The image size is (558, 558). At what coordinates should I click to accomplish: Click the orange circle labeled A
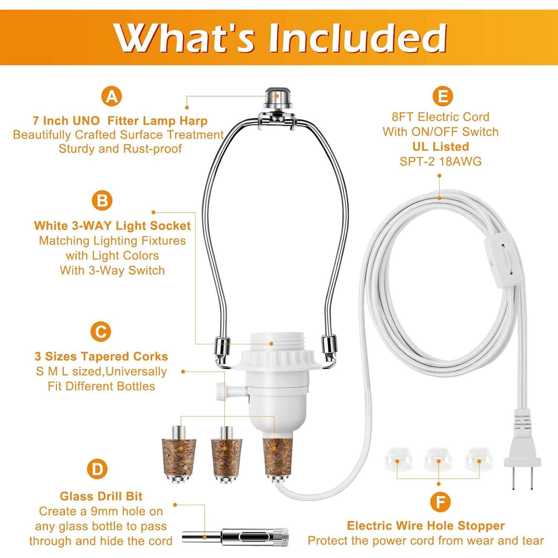112,96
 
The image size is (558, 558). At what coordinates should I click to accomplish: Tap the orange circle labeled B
102,201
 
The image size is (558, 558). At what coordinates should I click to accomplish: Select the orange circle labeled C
101,331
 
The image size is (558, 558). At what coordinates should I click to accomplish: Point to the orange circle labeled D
97,469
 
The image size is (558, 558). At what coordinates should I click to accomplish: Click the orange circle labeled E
443,96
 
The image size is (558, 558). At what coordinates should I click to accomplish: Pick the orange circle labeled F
440,502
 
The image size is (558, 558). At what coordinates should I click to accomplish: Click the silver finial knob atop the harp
278,97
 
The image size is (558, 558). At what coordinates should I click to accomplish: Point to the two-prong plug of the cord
522,458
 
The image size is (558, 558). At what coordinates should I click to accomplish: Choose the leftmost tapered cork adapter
179,457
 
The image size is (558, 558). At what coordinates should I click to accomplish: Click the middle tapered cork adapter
227,457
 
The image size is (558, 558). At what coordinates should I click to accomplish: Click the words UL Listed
440,147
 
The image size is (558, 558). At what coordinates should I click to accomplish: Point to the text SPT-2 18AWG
440,161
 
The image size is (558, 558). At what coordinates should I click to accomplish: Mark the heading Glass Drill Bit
101,496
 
